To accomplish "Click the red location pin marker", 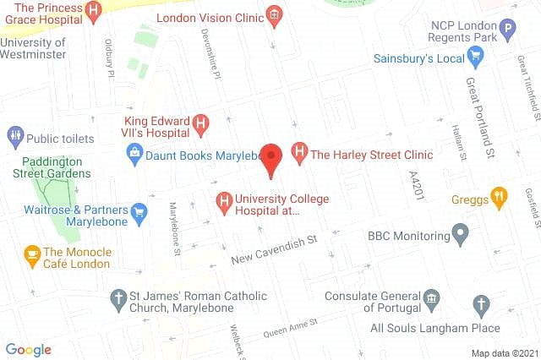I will click(x=270, y=158).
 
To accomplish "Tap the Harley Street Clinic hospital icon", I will click(x=298, y=154).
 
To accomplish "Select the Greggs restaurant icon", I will click(x=500, y=198).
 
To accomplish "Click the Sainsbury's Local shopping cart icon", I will click(x=476, y=58).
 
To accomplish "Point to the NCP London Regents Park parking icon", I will click(x=507, y=31).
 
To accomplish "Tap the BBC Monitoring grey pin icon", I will click(x=460, y=232).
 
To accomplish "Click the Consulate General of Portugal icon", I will click(x=432, y=297).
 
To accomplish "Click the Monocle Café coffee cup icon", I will click(x=32, y=253).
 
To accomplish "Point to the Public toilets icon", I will click(x=14, y=137).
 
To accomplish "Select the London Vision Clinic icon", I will click(x=273, y=15).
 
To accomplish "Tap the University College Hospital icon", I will click(x=224, y=201).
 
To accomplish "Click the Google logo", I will click(x=28, y=350).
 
